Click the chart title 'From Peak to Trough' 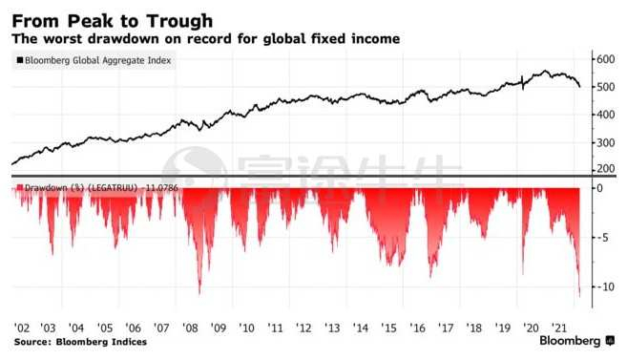[x=113, y=21]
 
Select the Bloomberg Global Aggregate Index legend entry [x=94, y=60]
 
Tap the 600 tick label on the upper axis [x=605, y=59]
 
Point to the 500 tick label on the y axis [x=605, y=87]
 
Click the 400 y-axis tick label [x=605, y=115]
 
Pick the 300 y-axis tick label [x=605, y=143]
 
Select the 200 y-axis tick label [x=605, y=169]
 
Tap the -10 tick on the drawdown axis [x=606, y=286]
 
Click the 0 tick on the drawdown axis [x=599, y=188]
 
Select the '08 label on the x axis [x=190, y=328]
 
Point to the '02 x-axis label [x=22, y=328]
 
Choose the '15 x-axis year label [x=388, y=328]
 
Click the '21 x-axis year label [x=559, y=328]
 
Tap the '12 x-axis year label [x=303, y=328]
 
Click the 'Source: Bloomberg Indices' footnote [x=80, y=342]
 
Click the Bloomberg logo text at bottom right [x=570, y=341]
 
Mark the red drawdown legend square [x=20, y=187]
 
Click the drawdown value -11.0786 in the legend [x=161, y=187]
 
